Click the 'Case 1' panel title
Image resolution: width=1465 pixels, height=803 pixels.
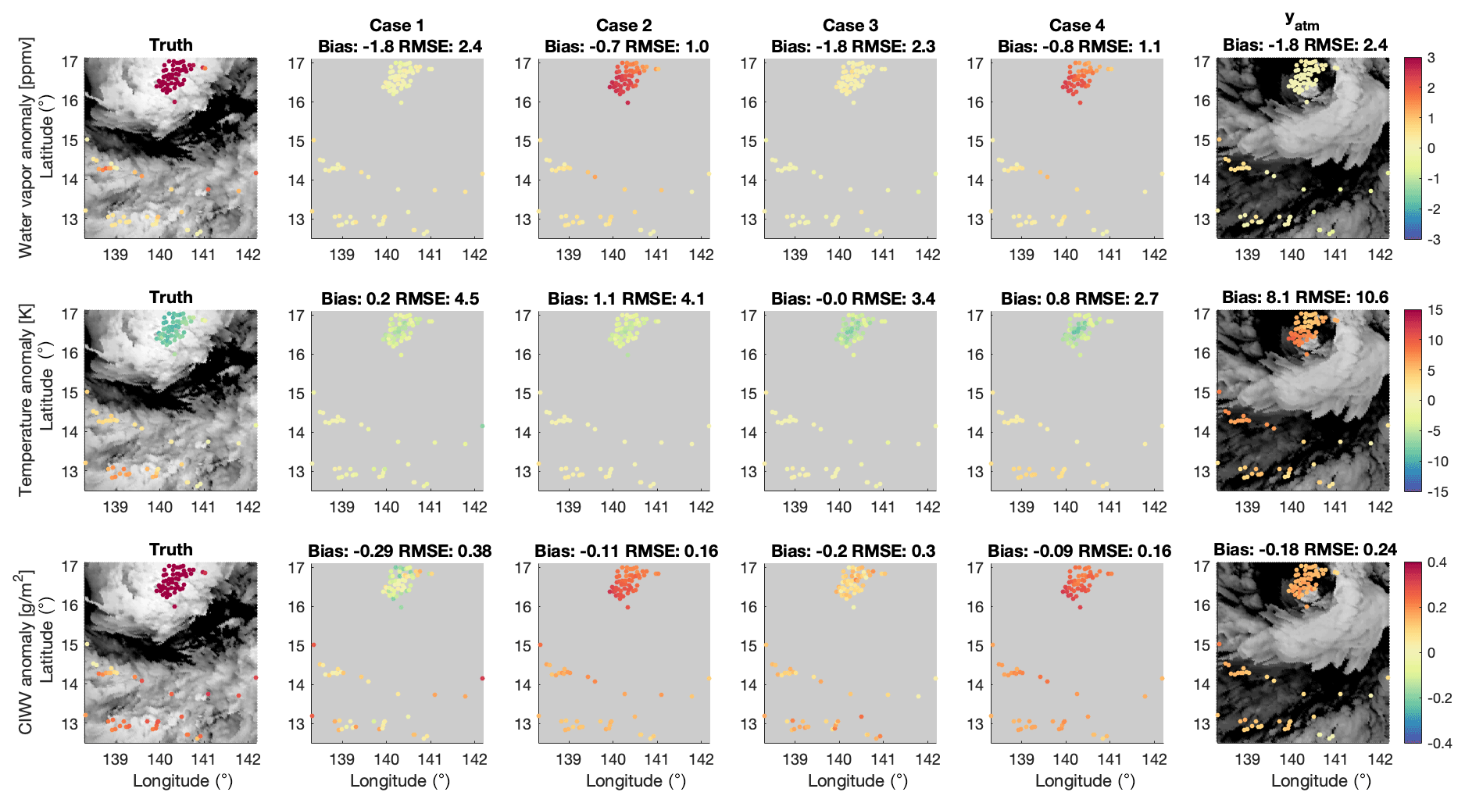click(397, 26)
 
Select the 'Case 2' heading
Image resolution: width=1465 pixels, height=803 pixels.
click(624, 26)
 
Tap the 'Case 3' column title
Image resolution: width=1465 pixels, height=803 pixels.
click(850, 26)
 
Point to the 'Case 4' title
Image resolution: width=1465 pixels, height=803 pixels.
click(1077, 26)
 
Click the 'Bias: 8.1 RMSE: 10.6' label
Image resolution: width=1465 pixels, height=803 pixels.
click(1305, 298)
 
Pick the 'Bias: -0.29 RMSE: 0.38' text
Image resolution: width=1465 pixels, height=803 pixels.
click(399, 551)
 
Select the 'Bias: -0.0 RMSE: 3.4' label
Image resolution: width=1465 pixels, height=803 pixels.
click(852, 299)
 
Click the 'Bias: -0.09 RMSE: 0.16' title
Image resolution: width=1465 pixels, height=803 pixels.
click(1079, 551)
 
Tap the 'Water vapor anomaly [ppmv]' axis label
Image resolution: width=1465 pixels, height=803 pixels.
click(26, 148)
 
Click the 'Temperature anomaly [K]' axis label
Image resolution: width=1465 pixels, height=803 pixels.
click(26, 400)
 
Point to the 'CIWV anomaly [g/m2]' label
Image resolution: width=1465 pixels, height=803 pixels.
click(26, 652)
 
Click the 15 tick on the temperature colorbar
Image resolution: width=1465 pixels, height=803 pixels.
click(1435, 310)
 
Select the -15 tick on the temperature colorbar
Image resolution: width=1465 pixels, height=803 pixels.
click(1437, 492)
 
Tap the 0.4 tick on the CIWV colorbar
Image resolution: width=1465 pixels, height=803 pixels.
click(1437, 562)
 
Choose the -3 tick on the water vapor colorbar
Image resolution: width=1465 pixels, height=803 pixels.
click(1434, 240)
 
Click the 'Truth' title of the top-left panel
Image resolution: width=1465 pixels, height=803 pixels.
click(171, 45)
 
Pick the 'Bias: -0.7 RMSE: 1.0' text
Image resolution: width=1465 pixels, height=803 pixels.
click(626, 47)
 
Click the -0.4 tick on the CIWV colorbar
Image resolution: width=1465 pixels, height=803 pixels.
click(1438, 744)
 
